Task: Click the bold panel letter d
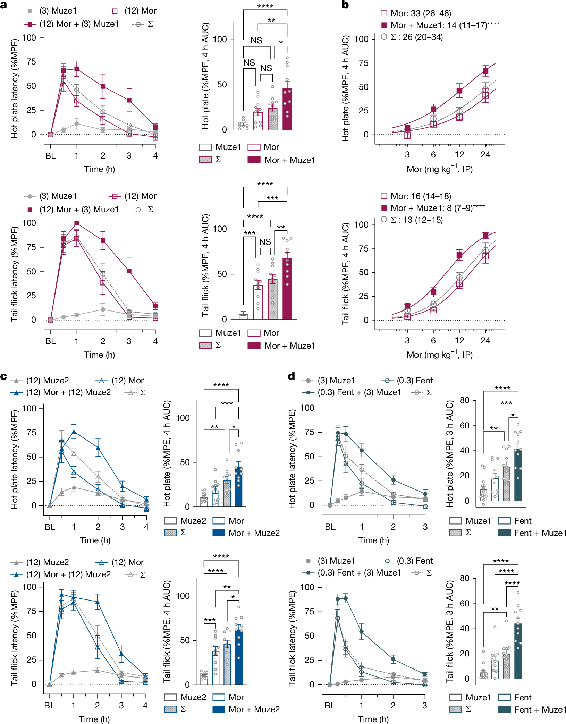[292, 376]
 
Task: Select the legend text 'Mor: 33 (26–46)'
[421, 14]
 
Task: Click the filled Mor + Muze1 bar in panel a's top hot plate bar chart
[287, 109]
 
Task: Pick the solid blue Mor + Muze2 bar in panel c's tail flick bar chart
[239, 657]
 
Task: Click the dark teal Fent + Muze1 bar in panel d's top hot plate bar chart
[518, 475]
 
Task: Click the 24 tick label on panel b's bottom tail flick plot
[485, 340]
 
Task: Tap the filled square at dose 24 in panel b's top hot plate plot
[485, 71]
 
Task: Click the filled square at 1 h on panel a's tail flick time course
[77, 223]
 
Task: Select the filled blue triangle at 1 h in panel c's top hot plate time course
[74, 432]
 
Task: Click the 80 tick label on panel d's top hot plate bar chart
[464, 400]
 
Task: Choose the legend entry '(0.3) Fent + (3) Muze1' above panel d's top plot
[359, 392]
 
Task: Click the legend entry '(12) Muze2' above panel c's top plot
[47, 381]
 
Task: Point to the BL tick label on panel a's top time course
[51, 156]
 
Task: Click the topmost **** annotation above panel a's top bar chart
[265, 6]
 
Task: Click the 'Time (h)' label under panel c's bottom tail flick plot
[94, 719]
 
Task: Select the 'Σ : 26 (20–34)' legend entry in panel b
[416, 37]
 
